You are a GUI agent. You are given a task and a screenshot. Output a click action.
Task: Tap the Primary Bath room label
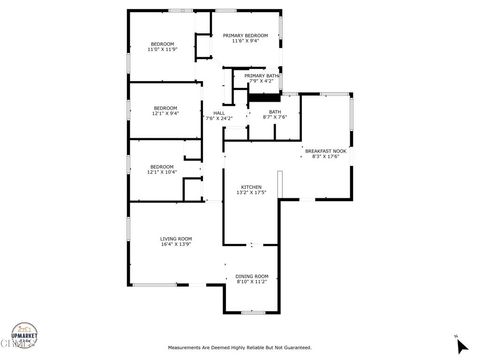tap(262, 76)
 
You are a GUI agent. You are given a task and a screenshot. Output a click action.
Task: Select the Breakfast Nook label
tap(326, 151)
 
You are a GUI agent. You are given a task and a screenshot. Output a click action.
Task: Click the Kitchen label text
tap(250, 187)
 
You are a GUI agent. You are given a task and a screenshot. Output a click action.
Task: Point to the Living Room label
tap(176, 238)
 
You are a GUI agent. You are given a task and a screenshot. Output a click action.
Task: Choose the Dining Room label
tap(252, 276)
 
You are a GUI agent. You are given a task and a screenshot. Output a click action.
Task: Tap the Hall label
tap(218, 113)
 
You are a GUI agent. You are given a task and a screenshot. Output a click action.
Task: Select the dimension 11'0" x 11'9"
tap(162, 50)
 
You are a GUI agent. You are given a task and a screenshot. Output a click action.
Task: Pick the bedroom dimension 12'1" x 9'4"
tap(165, 113)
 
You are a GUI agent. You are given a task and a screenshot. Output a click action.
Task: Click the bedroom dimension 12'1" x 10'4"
tap(162, 172)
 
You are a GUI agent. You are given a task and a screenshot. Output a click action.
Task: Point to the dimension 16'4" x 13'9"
tap(176, 244)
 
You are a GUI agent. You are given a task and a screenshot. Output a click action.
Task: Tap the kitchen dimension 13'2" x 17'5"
tap(250, 193)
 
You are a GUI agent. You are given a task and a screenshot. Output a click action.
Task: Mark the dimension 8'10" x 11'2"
tap(252, 282)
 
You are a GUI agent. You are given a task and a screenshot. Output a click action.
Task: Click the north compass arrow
tap(461, 345)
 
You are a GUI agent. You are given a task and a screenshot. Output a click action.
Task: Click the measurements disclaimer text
tap(239, 348)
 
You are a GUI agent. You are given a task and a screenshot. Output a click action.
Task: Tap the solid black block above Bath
tap(262, 96)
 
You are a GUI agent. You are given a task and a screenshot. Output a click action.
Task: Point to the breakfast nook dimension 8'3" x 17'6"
tap(326, 157)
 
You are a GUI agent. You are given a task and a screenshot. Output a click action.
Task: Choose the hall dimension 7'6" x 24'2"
tap(218, 119)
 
